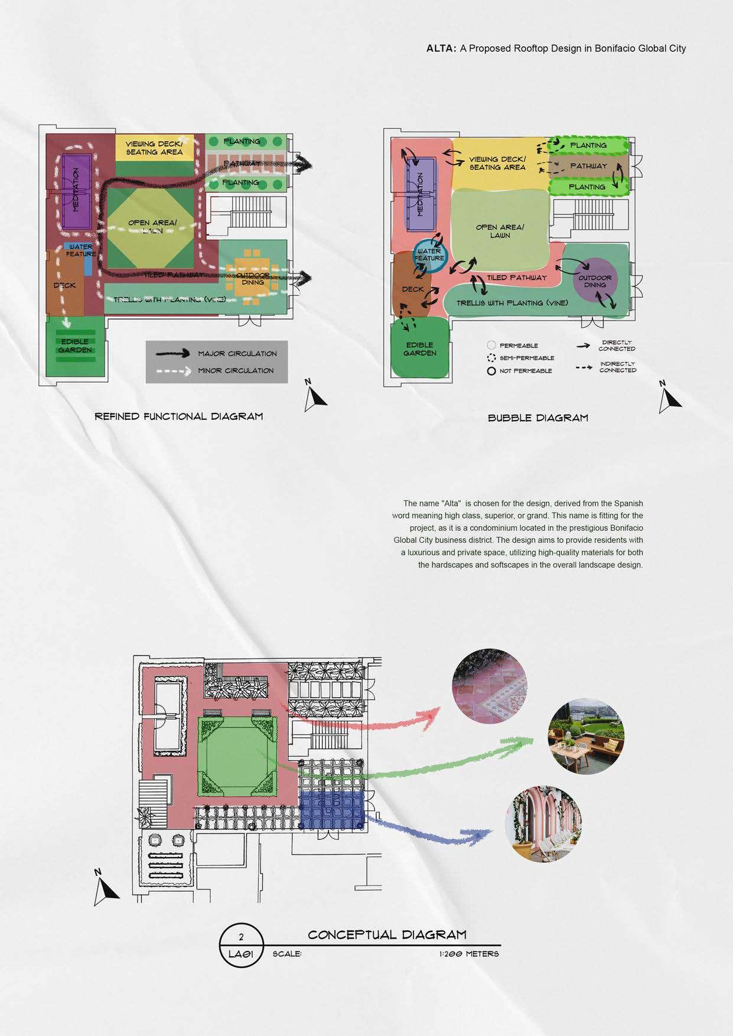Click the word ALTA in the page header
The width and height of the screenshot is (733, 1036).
tap(441, 49)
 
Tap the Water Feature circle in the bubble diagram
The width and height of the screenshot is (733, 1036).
tap(429, 255)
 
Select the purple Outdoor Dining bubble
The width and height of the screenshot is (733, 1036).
tap(595, 281)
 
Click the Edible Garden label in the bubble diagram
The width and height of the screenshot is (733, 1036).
tap(420, 349)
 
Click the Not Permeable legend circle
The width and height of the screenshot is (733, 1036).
tap(491, 372)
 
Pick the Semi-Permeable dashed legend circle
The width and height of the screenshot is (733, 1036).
tap(491, 358)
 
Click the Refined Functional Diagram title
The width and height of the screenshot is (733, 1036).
tap(179, 416)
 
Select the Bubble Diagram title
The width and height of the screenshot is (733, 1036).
tap(537, 418)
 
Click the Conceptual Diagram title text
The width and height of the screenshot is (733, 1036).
tap(387, 935)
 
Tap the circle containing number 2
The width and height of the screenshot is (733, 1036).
tap(241, 937)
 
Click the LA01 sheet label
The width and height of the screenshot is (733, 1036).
tap(241, 954)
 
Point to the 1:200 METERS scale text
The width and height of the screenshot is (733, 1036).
tap(469, 954)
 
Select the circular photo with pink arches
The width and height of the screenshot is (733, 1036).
tap(543, 824)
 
